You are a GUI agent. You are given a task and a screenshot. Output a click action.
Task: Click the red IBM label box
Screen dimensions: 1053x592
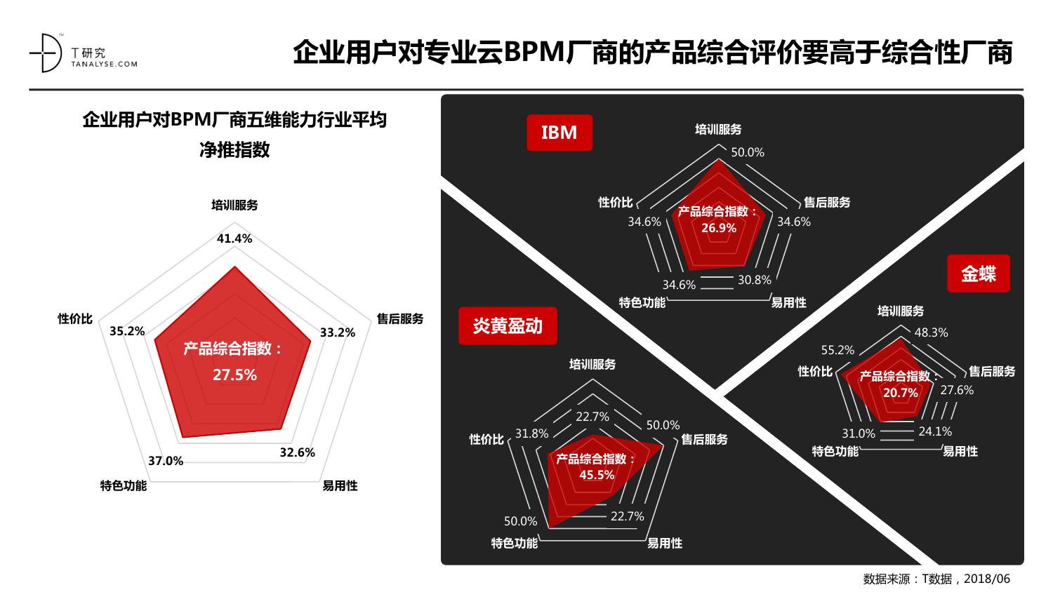(x=559, y=133)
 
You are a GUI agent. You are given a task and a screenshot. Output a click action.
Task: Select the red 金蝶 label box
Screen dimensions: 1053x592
(x=979, y=274)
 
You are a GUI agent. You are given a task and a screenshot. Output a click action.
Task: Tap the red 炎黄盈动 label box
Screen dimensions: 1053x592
(x=508, y=325)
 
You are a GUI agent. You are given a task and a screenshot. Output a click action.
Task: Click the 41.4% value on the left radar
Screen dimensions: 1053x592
(x=234, y=238)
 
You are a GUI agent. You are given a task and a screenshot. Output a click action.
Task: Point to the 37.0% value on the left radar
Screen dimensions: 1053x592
(x=166, y=461)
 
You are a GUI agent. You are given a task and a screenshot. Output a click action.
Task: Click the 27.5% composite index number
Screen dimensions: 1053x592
(x=234, y=375)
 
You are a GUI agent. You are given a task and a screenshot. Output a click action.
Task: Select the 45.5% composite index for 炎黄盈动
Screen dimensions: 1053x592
(x=597, y=475)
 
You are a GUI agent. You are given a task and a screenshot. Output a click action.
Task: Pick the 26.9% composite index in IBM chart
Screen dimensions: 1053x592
(x=719, y=228)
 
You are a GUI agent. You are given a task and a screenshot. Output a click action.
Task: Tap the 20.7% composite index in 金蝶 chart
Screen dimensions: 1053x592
(x=900, y=393)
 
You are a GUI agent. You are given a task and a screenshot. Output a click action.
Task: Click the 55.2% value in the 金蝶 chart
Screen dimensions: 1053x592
(x=837, y=350)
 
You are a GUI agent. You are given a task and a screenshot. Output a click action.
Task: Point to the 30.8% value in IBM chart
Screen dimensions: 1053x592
(x=755, y=280)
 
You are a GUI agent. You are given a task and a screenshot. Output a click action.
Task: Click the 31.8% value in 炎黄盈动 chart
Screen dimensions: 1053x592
(x=531, y=433)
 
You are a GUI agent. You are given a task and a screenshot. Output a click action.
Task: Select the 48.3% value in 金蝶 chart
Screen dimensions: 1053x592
(x=932, y=332)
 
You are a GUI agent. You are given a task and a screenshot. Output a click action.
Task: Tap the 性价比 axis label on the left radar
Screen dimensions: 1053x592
(x=75, y=318)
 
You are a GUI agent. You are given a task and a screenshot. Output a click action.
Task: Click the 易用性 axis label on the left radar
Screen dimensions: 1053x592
(x=340, y=485)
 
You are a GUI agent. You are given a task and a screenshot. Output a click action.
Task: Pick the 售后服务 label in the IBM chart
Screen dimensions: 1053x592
(x=827, y=203)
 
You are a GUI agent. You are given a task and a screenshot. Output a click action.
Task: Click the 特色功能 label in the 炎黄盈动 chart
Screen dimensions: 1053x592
(x=515, y=543)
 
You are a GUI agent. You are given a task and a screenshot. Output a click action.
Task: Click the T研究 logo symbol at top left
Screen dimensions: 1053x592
(x=46, y=53)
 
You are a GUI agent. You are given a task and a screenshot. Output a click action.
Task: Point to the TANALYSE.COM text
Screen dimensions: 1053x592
(x=105, y=65)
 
